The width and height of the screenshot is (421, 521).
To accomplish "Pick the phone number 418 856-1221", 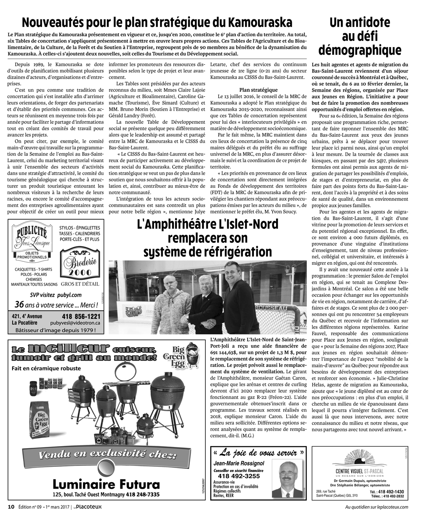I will point(81,316).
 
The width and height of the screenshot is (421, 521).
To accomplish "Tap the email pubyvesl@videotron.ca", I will point(81,323).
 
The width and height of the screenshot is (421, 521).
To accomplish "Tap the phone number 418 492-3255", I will point(240,476).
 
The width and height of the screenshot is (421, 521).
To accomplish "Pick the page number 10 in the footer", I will point(12,507).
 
